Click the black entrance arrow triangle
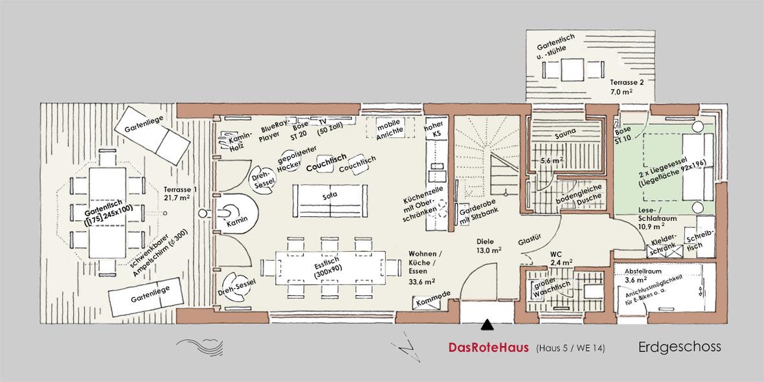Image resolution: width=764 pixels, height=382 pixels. [x=487, y=325]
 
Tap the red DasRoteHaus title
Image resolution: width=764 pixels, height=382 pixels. [x=488, y=348]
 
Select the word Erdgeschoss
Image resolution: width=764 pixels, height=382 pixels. [x=679, y=348]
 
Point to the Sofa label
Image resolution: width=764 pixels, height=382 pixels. [x=330, y=195]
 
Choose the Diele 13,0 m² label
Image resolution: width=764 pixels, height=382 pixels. [x=489, y=245]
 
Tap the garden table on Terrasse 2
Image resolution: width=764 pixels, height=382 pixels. [x=572, y=70]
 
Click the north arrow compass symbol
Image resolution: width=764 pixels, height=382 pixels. [x=405, y=348]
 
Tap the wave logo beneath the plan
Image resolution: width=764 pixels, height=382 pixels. [x=200, y=346]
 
